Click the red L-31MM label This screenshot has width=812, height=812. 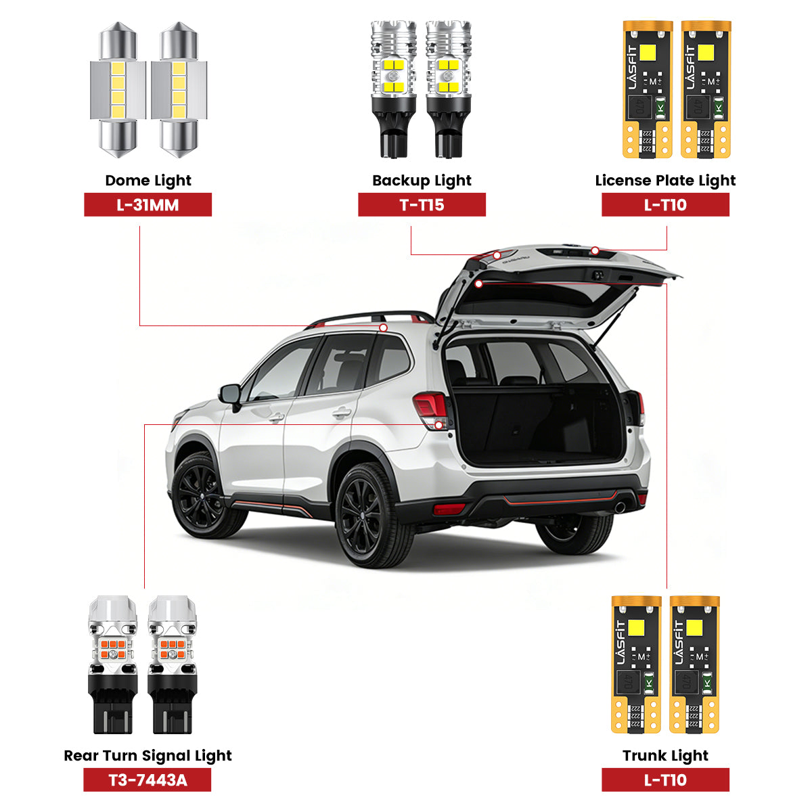148,205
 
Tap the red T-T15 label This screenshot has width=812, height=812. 422,205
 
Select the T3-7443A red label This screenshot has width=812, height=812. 148,780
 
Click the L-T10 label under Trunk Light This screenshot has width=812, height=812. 665,780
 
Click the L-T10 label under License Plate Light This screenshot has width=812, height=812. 665,205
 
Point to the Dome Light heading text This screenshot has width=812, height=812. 148,181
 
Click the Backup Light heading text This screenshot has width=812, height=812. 422,181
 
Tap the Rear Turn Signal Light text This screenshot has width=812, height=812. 148,756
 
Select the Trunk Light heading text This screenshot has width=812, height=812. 665,756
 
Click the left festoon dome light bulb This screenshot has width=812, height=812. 118,89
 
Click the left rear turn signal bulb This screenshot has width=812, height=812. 112,664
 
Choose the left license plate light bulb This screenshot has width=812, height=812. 647,89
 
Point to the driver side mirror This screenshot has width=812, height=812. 230,395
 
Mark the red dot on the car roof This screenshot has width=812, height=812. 384,328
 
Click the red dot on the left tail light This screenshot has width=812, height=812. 440,425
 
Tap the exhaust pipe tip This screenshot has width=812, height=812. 619,507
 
